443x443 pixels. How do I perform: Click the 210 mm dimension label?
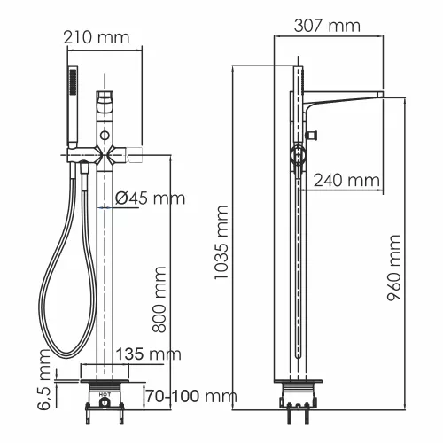click(97, 38)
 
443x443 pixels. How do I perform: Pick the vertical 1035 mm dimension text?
click(222, 243)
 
